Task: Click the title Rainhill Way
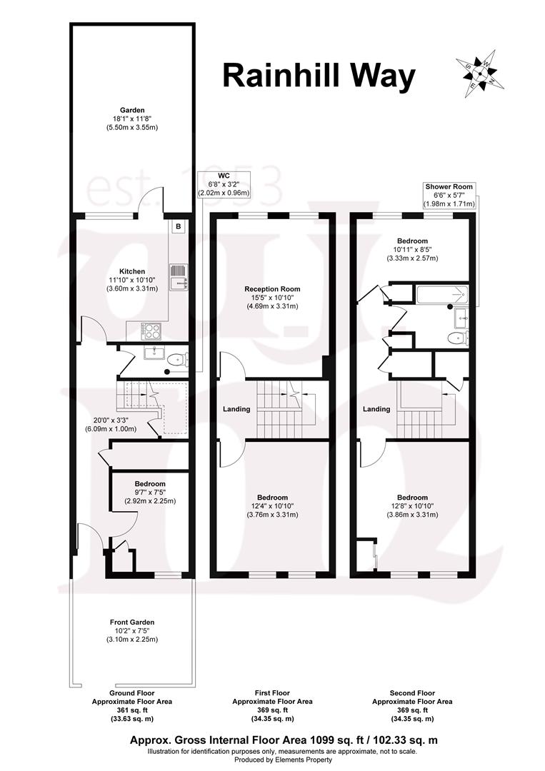point(319,76)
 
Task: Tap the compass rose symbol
point(479,71)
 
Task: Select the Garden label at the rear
point(132,119)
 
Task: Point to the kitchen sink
point(178,277)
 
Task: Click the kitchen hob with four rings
point(152,330)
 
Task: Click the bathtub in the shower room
point(441,293)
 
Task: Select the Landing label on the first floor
point(236,409)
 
